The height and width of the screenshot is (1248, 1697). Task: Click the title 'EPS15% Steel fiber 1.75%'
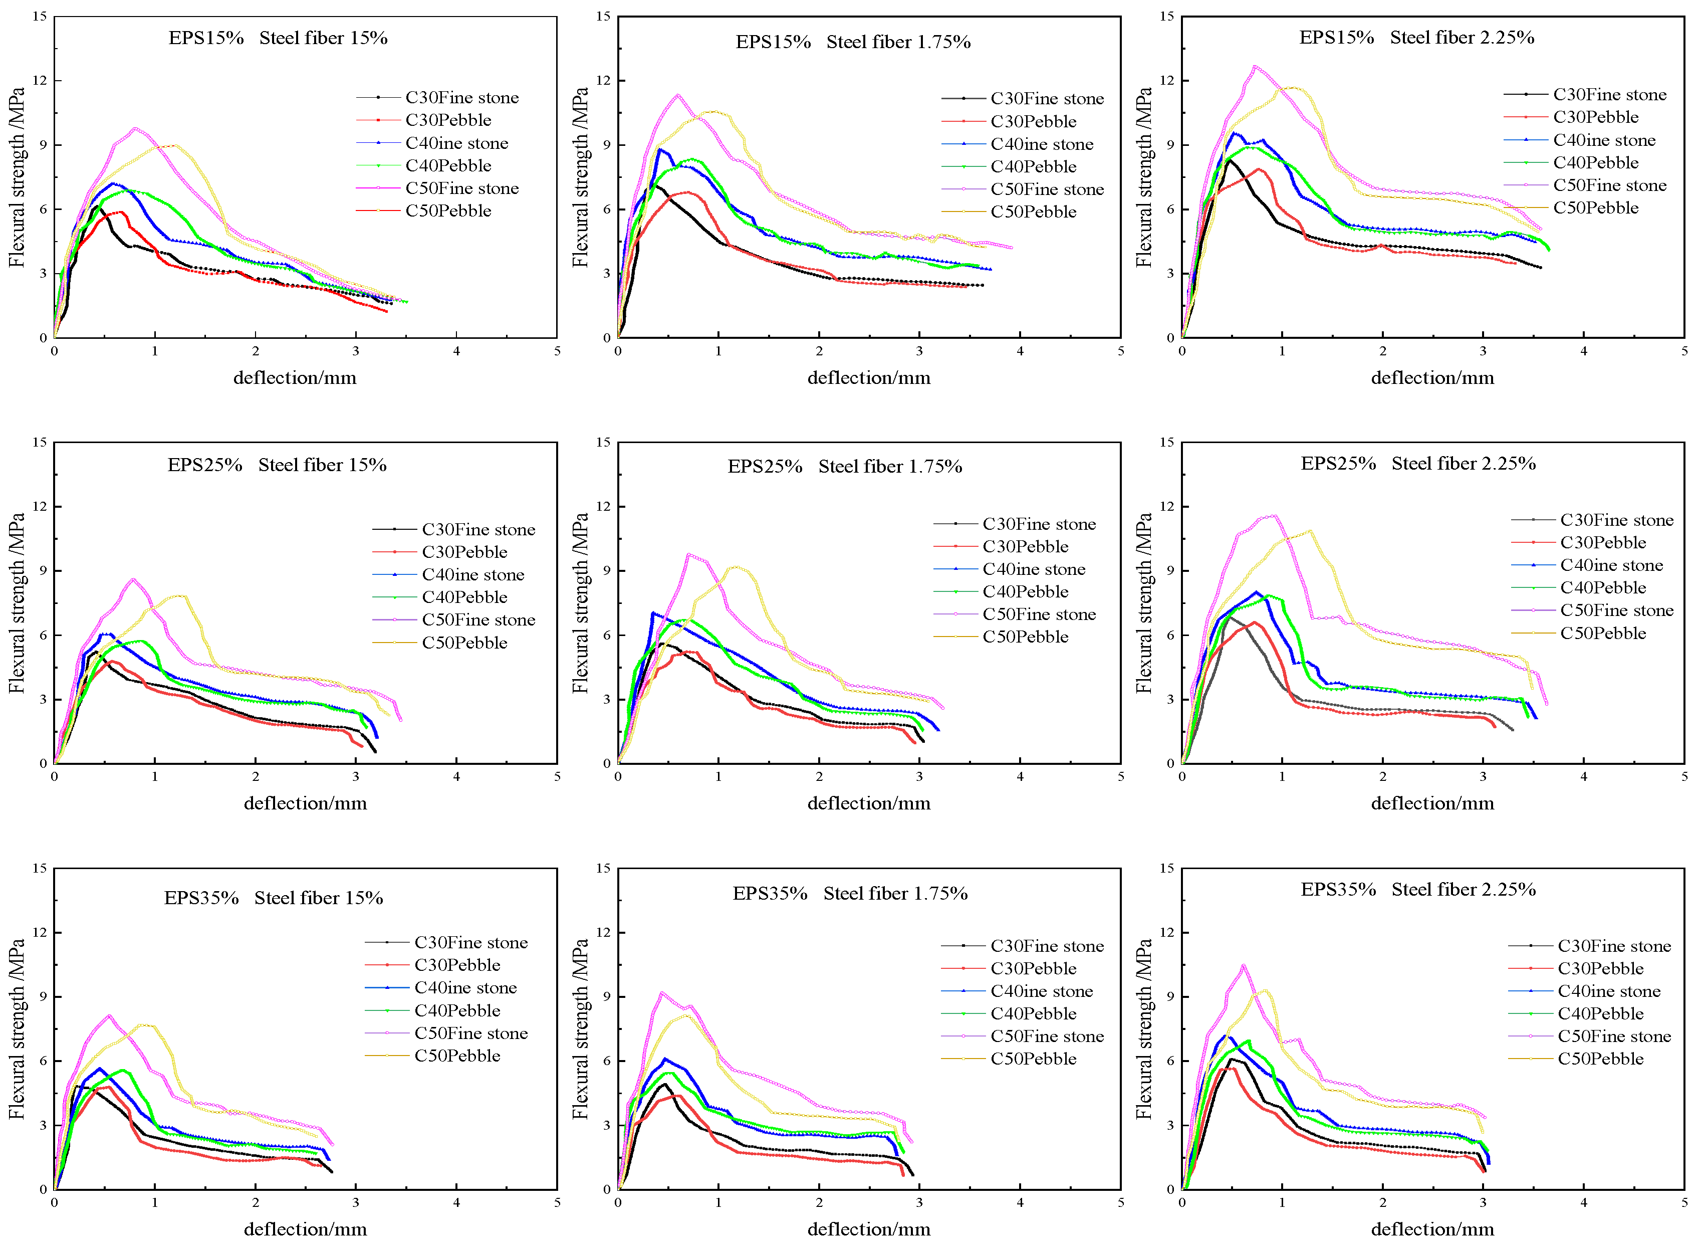click(853, 42)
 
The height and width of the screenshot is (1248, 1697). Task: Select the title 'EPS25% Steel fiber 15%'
click(277, 465)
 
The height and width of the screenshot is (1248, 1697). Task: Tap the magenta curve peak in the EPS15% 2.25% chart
click(1255, 67)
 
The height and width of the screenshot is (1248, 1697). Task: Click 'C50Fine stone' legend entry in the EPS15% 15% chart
click(461, 188)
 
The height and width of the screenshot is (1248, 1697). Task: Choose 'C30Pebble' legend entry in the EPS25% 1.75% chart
click(1025, 546)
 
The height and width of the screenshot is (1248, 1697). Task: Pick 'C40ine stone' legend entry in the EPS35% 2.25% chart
click(1609, 991)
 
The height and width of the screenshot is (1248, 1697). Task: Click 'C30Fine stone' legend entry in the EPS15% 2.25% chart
click(1609, 94)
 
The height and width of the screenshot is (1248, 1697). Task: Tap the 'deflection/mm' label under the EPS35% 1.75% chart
click(868, 1229)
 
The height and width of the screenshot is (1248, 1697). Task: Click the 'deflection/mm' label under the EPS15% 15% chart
click(295, 378)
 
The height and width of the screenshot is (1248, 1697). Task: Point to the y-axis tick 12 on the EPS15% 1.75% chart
click(603, 80)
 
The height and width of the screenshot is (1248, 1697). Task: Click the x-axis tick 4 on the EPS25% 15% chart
click(456, 776)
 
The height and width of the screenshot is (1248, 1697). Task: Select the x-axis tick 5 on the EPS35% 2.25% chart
click(1684, 1202)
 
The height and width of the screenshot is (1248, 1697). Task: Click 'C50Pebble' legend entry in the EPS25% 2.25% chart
click(1603, 633)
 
